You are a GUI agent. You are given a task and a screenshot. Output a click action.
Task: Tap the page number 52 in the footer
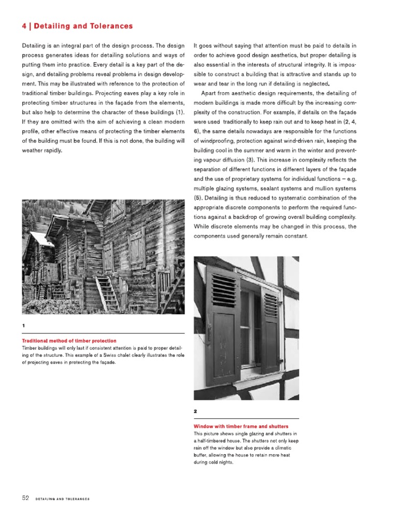coord(25,498)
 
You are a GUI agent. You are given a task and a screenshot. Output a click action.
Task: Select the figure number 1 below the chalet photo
coord(24,325)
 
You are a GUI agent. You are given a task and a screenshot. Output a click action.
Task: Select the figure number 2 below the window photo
coord(195,411)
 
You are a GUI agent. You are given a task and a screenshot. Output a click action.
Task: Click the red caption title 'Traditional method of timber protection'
coord(68,341)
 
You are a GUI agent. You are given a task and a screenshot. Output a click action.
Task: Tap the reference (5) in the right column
coord(198,199)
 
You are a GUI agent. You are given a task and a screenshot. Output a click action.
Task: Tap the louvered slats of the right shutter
coord(271,305)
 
